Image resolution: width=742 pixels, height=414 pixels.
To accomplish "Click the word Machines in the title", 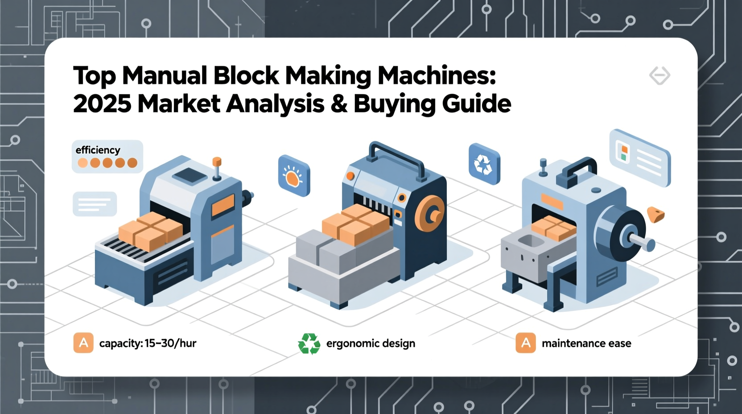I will [436, 76].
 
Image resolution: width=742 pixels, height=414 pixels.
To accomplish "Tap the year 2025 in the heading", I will [102, 104].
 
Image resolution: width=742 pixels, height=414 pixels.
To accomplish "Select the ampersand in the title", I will [339, 104].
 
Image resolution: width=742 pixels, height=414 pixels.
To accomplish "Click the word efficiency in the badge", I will [98, 150].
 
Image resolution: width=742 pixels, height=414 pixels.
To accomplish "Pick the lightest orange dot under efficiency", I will [82, 163].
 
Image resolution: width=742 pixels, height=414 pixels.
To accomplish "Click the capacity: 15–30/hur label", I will [148, 343].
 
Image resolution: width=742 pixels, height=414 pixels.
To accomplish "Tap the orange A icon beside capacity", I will [83, 343].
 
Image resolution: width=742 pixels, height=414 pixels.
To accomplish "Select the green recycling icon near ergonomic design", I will [309, 344].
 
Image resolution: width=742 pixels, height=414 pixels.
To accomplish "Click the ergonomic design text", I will [371, 343].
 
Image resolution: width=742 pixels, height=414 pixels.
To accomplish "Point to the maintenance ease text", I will [586, 343].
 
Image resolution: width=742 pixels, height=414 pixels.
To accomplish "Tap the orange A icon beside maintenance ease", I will [526, 343].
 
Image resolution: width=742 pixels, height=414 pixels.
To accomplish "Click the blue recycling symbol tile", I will [484, 164].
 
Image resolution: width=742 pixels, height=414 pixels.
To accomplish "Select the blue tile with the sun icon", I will [293, 176].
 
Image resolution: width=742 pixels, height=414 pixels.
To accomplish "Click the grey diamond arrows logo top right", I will [660, 75].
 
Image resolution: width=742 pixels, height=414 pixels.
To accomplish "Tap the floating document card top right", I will [640, 157].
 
